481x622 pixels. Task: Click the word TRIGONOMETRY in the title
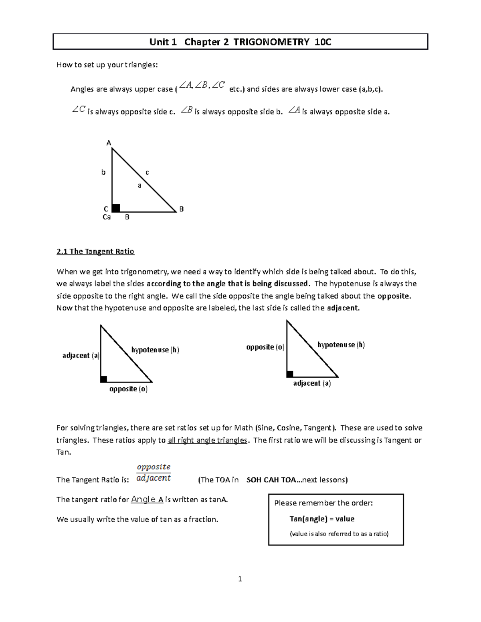coord(271,42)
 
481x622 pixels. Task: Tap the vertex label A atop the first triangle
coord(108,143)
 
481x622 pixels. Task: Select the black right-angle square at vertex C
coord(116,208)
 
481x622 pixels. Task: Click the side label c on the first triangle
coord(147,172)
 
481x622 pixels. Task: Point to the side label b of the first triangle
coord(103,172)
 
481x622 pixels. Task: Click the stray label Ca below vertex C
coord(107,217)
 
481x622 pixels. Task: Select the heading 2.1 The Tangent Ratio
coord(95,252)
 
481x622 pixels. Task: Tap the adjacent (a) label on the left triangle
coord(81,355)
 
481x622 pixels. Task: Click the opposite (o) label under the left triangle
coord(128,389)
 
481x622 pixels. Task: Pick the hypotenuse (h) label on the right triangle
coord(341,345)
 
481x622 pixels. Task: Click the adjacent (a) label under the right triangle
coord(312,383)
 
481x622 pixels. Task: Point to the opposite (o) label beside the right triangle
coord(265,347)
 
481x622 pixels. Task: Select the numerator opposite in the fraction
coord(154,467)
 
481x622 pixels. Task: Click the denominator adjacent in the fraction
coord(154,478)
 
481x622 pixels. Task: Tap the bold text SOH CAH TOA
coord(271,480)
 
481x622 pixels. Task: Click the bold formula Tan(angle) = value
coord(322,519)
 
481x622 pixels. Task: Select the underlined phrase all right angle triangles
coord(207,440)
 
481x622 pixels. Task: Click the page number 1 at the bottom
coord(240,579)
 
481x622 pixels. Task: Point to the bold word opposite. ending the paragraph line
coord(394,296)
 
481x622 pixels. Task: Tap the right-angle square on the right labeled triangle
coord(290,374)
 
